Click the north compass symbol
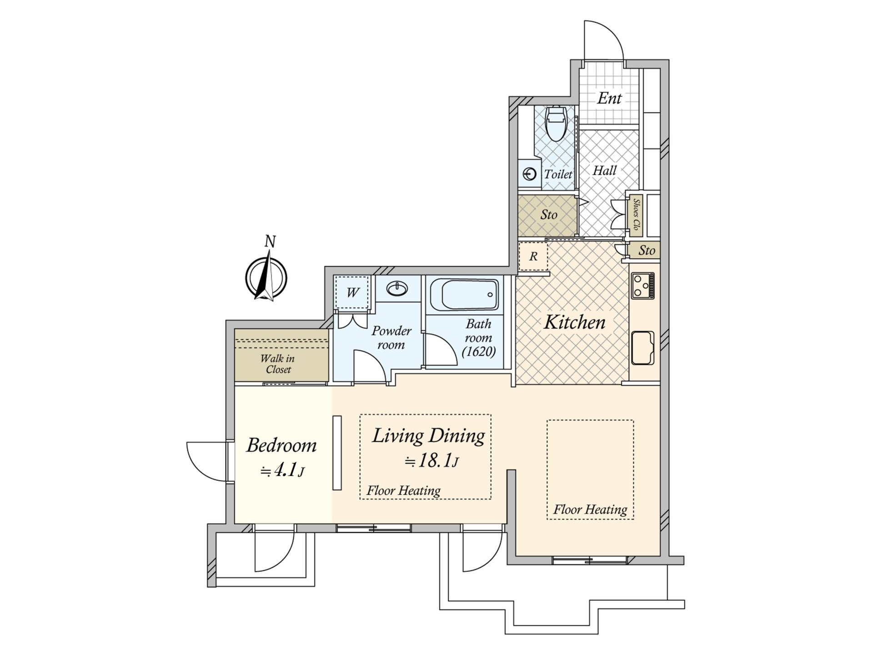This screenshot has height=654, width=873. [x=266, y=277]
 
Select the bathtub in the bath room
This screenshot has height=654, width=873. [x=464, y=295]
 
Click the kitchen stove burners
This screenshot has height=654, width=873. [x=642, y=286]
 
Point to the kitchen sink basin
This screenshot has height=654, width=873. [x=642, y=347]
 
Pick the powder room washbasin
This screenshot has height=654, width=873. [x=398, y=289]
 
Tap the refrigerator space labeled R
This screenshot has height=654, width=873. [x=533, y=256]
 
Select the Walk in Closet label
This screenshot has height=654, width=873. [x=277, y=364]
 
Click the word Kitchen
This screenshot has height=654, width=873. [x=575, y=322]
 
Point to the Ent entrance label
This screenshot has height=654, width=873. [x=609, y=98]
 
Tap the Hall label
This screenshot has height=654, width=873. [x=604, y=171]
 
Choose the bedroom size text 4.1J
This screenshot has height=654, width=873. [x=282, y=470]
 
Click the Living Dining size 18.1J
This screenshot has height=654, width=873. [x=431, y=461]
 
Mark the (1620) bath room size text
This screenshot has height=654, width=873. [x=478, y=352]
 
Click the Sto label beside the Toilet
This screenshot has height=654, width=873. [x=549, y=214]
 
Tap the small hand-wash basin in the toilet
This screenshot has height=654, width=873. [x=530, y=174]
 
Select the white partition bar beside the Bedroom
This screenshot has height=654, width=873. [x=337, y=453]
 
